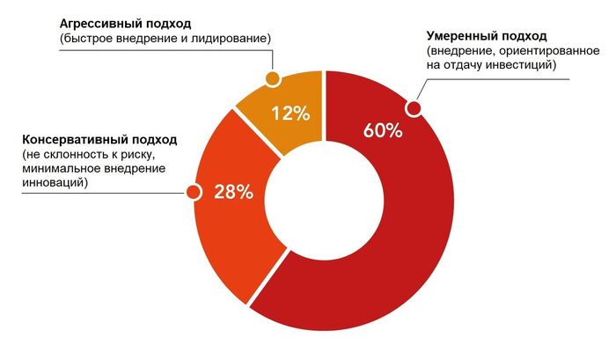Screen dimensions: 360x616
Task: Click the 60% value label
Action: (x=382, y=130)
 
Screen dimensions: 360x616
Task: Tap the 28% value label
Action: (x=234, y=192)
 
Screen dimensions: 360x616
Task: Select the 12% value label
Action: (x=290, y=113)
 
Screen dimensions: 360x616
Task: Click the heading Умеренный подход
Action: (x=487, y=36)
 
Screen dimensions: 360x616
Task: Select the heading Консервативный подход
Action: (x=99, y=139)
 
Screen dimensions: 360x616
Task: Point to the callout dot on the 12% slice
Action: (x=273, y=79)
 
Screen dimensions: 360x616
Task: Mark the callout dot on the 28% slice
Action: (x=191, y=191)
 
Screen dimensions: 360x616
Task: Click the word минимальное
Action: (x=61, y=169)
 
